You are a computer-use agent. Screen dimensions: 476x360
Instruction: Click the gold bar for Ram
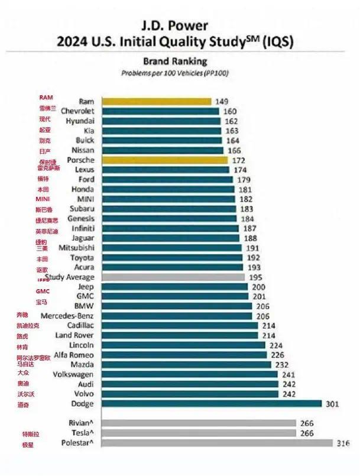tap(157, 101)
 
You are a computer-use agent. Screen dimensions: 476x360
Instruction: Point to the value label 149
tap(222, 102)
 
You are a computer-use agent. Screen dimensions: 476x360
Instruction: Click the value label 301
tap(331, 404)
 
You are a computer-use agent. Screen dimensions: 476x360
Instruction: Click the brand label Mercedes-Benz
tap(67, 316)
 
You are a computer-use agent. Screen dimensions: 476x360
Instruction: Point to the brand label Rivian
tap(82, 423)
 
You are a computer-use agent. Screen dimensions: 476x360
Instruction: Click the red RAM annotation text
tap(46, 97)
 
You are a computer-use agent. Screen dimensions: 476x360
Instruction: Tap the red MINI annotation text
tap(43, 199)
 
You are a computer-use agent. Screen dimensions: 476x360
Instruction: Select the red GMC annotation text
tap(43, 291)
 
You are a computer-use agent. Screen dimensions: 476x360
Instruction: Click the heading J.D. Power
tap(174, 25)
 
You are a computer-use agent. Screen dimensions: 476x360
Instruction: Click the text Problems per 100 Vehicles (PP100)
tap(175, 73)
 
